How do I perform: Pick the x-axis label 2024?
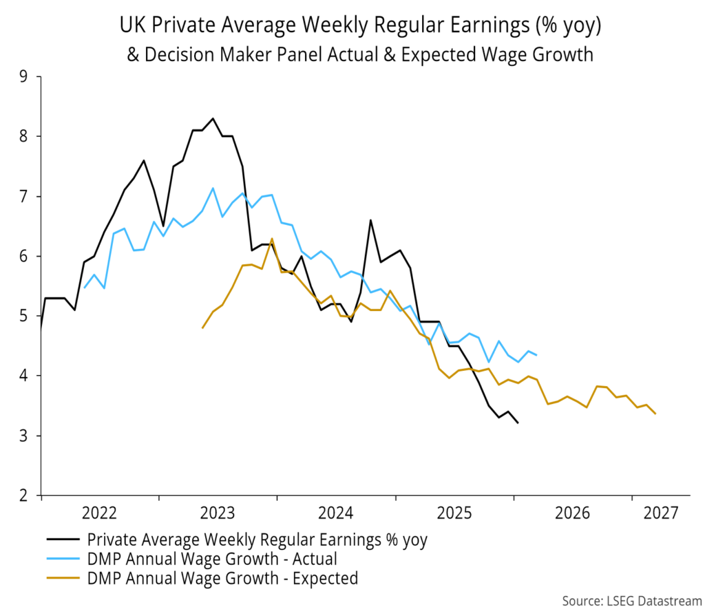coord(337,513)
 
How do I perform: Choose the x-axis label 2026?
coord(572,513)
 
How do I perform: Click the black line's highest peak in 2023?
coord(213,118)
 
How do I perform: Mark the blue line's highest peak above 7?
coord(213,188)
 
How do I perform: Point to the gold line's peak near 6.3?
coord(272,239)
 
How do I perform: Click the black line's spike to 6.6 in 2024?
coord(370,220)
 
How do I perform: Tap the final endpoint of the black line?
coord(518,423)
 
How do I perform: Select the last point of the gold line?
coord(655,414)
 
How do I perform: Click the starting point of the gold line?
coord(202,328)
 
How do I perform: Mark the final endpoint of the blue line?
coord(537,355)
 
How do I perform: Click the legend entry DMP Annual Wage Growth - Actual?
coord(211,559)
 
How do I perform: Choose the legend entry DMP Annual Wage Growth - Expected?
coord(222,578)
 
